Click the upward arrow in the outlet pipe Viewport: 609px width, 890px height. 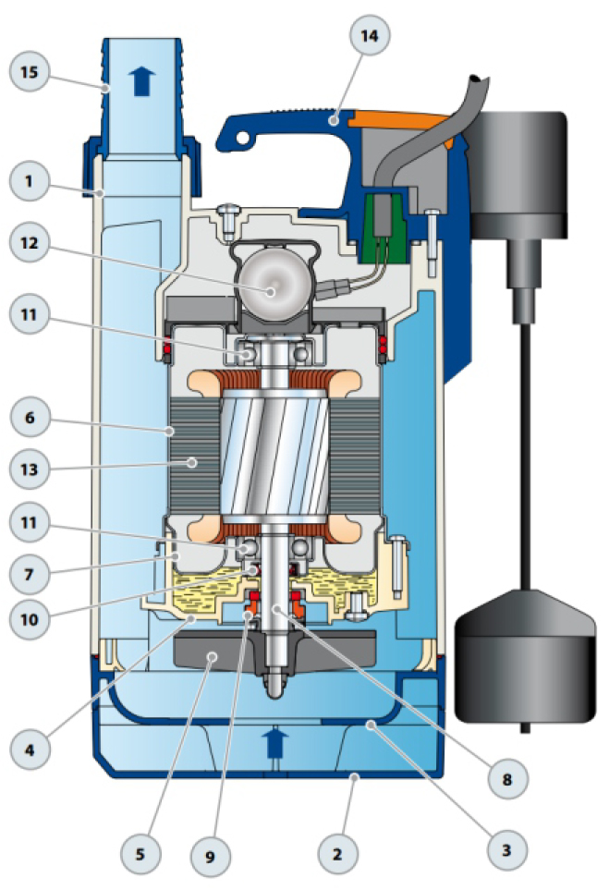141,81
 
